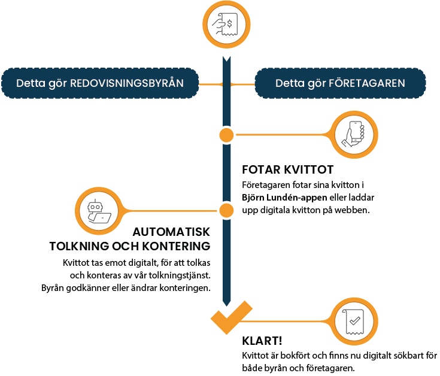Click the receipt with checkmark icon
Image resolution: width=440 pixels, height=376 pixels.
[x=354, y=323]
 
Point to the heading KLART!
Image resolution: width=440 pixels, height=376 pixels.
[x=262, y=341]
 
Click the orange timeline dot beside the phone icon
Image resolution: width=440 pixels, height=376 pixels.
[x=226, y=134]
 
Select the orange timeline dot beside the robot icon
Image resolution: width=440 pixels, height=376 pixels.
[x=226, y=211]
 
